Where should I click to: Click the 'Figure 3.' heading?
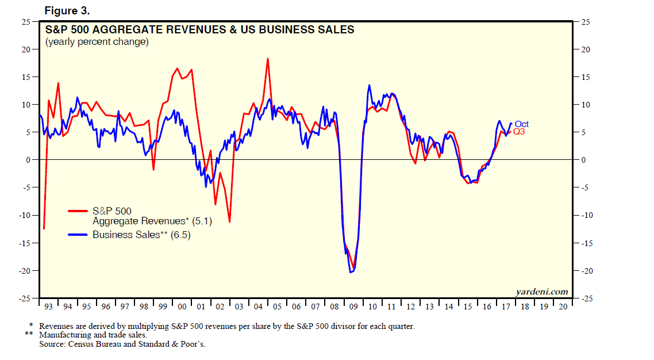(67, 11)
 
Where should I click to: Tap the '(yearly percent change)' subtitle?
(97, 42)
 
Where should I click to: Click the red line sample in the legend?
(79, 211)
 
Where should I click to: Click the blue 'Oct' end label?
(521, 124)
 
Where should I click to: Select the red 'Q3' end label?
(518, 132)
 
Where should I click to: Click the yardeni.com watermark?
(542, 292)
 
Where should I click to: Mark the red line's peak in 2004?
(267, 59)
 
